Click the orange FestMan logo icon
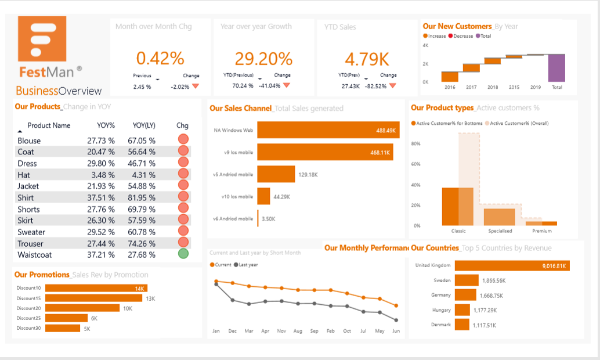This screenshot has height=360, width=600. click(42, 38)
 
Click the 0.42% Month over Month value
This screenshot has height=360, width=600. click(160, 58)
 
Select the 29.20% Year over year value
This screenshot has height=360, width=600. click(263, 58)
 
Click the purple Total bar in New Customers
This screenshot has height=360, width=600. click(556, 68)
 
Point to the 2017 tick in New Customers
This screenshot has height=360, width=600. click(471, 87)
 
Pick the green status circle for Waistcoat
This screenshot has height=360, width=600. click(183, 254)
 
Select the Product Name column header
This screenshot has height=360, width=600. click(49, 125)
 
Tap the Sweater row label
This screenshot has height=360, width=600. click(31, 232)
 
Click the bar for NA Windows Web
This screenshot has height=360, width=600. click(328, 130)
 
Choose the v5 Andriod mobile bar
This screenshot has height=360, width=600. click(276, 174)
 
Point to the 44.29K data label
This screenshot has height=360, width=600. click(282, 197)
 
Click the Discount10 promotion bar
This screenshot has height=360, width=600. click(96, 289)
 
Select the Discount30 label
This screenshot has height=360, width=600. click(28, 328)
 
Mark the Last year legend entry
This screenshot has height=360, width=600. click(247, 265)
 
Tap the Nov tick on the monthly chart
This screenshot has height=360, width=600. click(281, 331)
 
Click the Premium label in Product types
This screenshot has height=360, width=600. click(542, 231)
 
